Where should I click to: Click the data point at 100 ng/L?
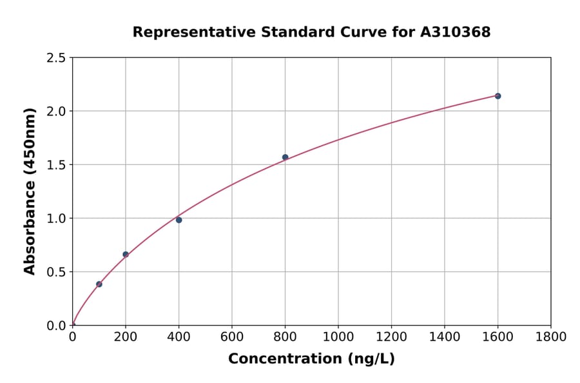[99, 284]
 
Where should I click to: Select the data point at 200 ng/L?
[126, 255]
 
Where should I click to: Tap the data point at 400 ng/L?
[179, 220]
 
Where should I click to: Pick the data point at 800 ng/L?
[285, 157]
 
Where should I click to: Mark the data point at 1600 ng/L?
[498, 96]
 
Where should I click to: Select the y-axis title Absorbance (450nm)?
[30, 191]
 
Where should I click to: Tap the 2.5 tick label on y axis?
[57, 58]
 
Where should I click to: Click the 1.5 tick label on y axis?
[57, 165]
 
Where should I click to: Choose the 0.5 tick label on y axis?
[57, 272]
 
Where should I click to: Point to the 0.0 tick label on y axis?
[57, 326]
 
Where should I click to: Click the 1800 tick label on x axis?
[550, 337]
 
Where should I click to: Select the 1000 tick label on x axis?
[338, 337]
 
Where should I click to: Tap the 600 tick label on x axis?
[232, 337]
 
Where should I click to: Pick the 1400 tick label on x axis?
[444, 337]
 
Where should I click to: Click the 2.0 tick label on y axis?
[57, 112]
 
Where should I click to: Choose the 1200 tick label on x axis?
[391, 337]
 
